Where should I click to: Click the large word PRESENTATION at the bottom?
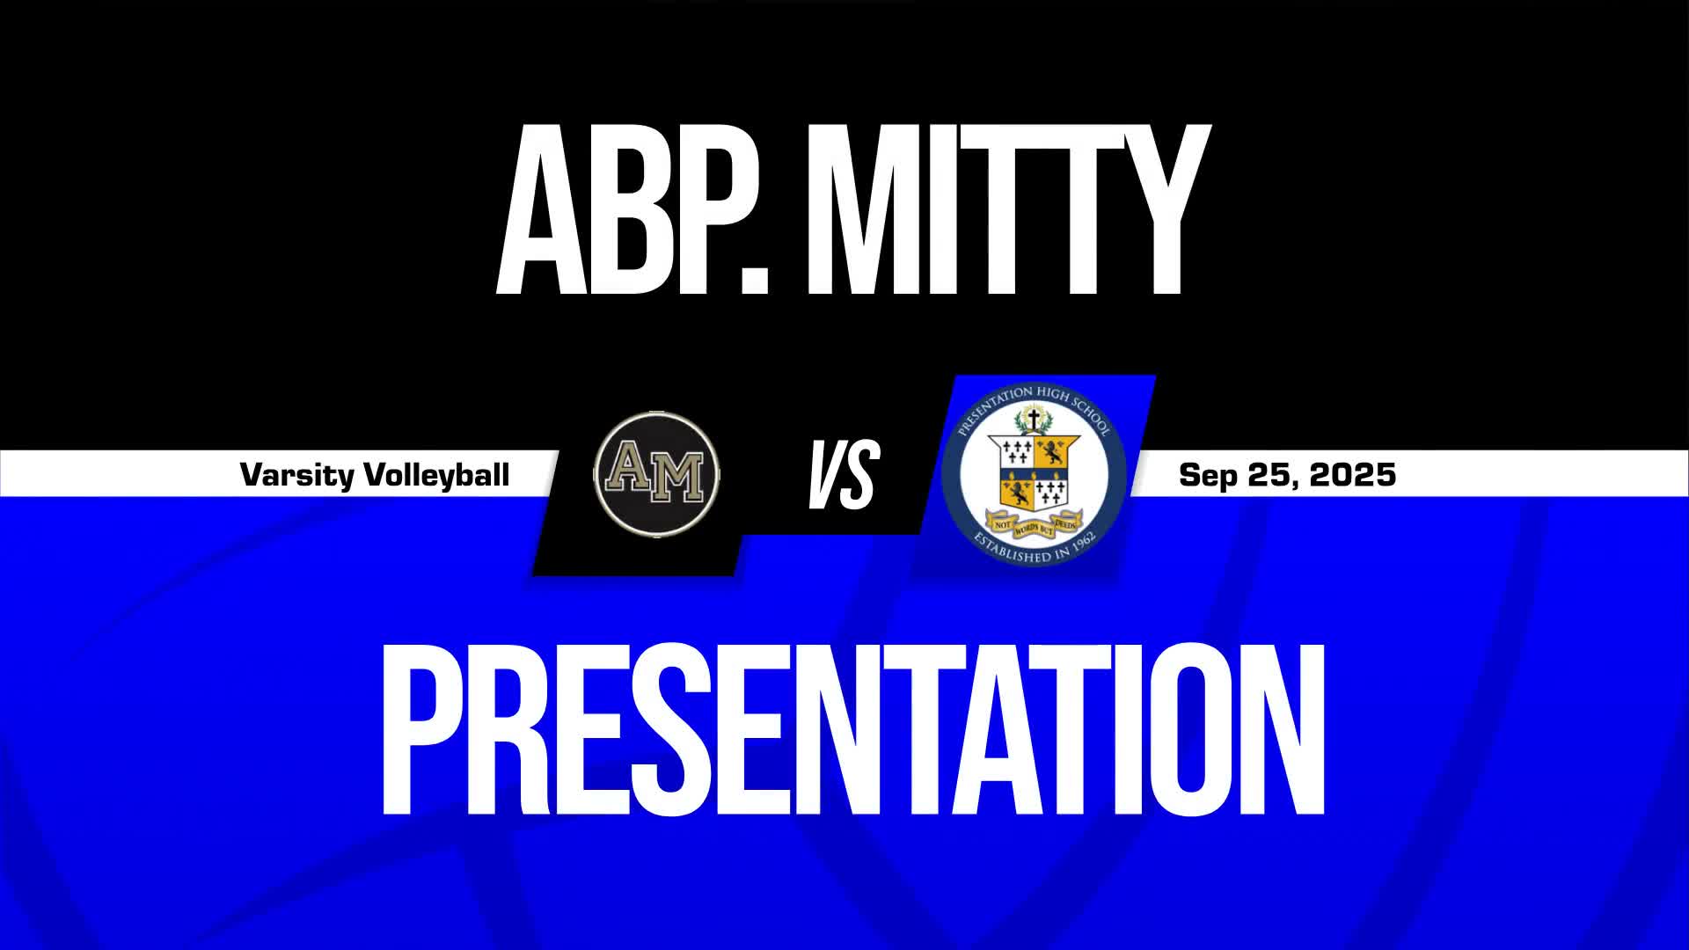coord(852,730)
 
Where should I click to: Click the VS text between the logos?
coord(843,475)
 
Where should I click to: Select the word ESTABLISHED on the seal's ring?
coord(1012,551)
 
